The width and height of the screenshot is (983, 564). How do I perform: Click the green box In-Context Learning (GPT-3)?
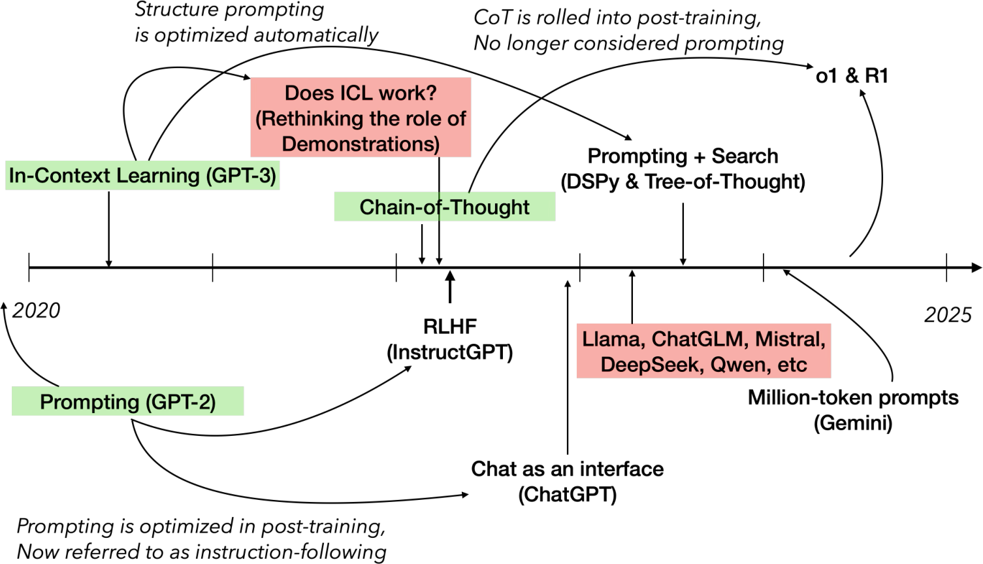click(142, 176)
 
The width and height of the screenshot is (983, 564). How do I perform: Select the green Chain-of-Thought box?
click(445, 207)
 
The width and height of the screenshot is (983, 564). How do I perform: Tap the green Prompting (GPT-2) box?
click(128, 401)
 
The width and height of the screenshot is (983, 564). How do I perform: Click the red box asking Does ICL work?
click(361, 117)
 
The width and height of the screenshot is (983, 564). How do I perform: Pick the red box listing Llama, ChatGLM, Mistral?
click(704, 351)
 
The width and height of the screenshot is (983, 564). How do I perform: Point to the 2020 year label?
click(36, 310)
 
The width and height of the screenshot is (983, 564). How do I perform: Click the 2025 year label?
click(948, 315)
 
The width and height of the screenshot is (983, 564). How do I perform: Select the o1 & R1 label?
click(852, 76)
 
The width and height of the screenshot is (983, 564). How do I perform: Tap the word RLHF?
click(450, 326)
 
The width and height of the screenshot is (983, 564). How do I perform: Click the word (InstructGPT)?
click(450, 352)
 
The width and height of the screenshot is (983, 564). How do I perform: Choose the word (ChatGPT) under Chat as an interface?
click(568, 495)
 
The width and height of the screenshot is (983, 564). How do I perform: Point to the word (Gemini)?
click(853, 423)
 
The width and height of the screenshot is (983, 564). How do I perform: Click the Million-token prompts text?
click(853, 397)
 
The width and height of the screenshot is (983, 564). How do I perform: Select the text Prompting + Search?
click(683, 156)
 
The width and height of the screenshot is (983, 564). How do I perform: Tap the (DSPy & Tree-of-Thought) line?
click(683, 182)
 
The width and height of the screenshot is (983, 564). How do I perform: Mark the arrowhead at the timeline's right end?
click(977, 267)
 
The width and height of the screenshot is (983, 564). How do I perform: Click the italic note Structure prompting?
click(229, 10)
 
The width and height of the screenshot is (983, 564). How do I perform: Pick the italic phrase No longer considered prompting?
click(629, 44)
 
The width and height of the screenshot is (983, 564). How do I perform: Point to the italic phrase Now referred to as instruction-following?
click(201, 552)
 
